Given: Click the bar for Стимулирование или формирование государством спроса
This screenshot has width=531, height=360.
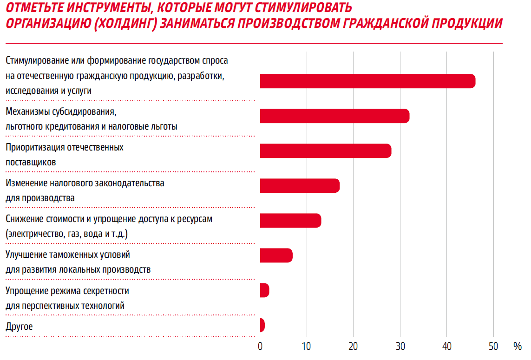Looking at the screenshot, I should pyautogui.click(x=367, y=81).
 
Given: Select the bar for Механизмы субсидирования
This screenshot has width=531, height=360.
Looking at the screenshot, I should pyautogui.click(x=334, y=116).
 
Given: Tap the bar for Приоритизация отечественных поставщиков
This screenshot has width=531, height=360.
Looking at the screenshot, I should pyautogui.click(x=325, y=151).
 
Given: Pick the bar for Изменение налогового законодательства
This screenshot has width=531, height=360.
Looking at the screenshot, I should pyautogui.click(x=300, y=185).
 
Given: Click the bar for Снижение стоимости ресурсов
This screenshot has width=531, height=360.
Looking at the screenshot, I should pyautogui.click(x=290, y=220).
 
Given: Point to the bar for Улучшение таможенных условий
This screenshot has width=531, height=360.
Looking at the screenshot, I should pyautogui.click(x=276, y=255).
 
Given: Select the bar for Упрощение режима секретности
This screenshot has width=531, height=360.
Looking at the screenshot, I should pyautogui.click(x=264, y=290).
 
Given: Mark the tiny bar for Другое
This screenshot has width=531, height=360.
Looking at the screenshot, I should pyautogui.click(x=262, y=325).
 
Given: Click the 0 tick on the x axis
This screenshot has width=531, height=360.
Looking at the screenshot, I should pyautogui.click(x=260, y=346).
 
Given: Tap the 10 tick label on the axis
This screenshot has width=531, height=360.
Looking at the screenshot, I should pyautogui.click(x=307, y=346).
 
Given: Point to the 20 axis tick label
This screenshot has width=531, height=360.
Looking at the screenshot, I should pyautogui.click(x=353, y=346).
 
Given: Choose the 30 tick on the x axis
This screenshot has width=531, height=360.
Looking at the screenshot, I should pyautogui.click(x=400, y=346).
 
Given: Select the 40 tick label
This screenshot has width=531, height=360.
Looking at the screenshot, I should pyautogui.click(x=446, y=346).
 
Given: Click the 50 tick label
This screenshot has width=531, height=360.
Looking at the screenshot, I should pyautogui.click(x=493, y=346).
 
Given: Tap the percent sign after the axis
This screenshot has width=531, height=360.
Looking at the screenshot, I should pyautogui.click(x=518, y=346).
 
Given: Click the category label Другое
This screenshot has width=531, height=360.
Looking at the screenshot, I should pyautogui.click(x=19, y=327).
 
